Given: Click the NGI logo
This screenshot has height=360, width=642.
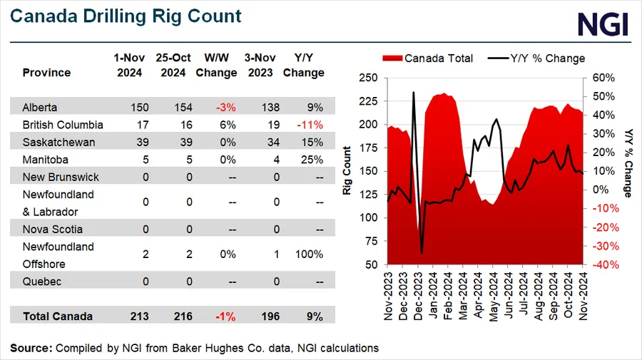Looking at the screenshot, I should click(x=603, y=24).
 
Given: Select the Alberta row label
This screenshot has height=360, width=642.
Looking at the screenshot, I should click(x=40, y=107).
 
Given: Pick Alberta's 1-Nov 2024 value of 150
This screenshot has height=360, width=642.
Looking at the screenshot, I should click(x=130, y=107).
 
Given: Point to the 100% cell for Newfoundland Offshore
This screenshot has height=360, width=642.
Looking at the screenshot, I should click(x=310, y=255).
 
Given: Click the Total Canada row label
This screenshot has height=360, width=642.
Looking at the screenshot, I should click(x=57, y=317).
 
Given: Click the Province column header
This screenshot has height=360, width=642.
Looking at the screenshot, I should click(x=46, y=73).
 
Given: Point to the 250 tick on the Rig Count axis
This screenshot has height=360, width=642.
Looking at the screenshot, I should click(x=368, y=78).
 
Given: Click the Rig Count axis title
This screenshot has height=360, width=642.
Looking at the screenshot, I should click(x=347, y=170).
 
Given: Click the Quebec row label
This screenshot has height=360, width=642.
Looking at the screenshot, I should click(x=41, y=282).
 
